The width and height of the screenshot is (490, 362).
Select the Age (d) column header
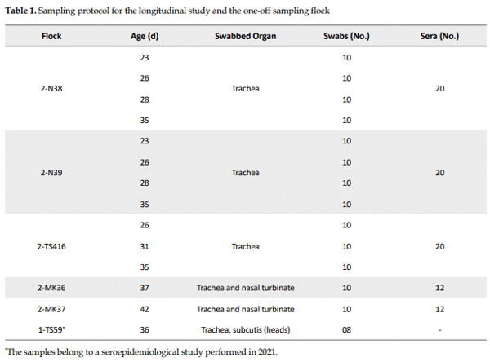pyautogui.click(x=145, y=38)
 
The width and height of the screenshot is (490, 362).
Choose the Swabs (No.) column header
pyautogui.click(x=346, y=38)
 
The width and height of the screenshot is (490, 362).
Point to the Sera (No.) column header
pyautogui.click(x=439, y=38)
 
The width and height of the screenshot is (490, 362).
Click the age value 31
pyautogui.click(x=145, y=245)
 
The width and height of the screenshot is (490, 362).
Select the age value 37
pyautogui.click(x=145, y=287)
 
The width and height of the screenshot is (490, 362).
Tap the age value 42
pyautogui.click(x=145, y=308)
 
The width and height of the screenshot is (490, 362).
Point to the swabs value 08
pyautogui.click(x=346, y=329)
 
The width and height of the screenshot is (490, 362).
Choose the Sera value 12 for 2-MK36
pyautogui.click(x=439, y=287)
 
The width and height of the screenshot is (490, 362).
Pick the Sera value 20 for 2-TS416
pyautogui.click(x=439, y=245)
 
